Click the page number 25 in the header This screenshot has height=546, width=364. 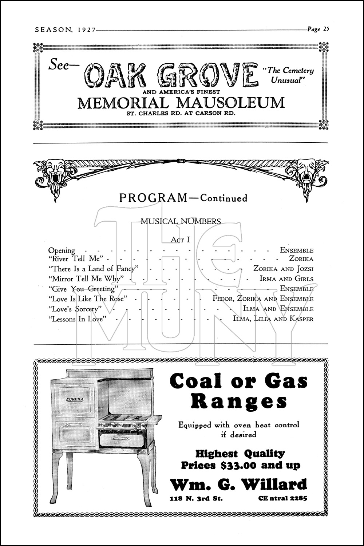point(325,29)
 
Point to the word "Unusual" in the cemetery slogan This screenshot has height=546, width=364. point(286,80)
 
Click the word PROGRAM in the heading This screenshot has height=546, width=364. point(153,198)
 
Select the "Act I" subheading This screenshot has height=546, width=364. point(180,240)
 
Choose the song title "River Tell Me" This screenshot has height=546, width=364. point(76,259)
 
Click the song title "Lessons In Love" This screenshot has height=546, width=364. point(77,319)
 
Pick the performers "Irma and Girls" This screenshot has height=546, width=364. point(286,279)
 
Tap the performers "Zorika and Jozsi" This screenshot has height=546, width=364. point(283,269)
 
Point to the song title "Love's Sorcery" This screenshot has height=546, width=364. point(75,309)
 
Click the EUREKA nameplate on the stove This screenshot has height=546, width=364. point(75,399)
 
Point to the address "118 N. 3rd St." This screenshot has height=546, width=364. point(196,498)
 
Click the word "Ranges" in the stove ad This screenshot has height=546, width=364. point(239,401)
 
